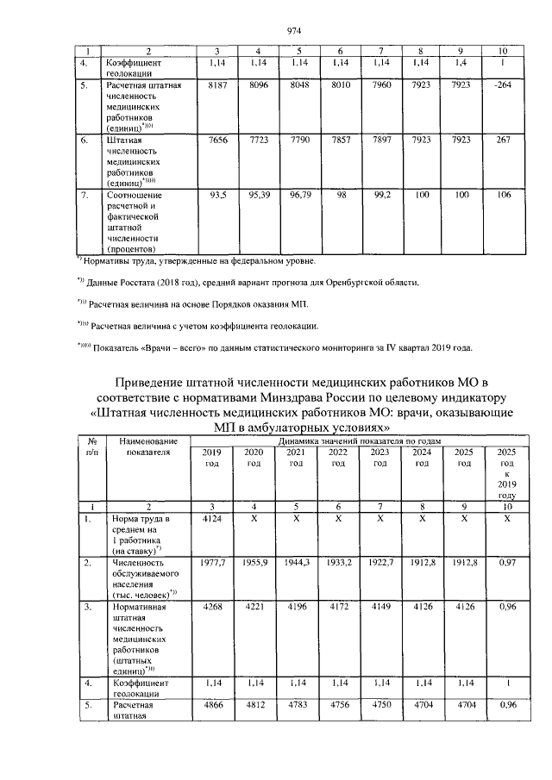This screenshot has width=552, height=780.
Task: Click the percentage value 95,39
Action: pos(260,195)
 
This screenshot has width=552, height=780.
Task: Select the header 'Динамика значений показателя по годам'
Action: pos(355,440)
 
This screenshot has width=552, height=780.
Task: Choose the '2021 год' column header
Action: pos(295,458)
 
